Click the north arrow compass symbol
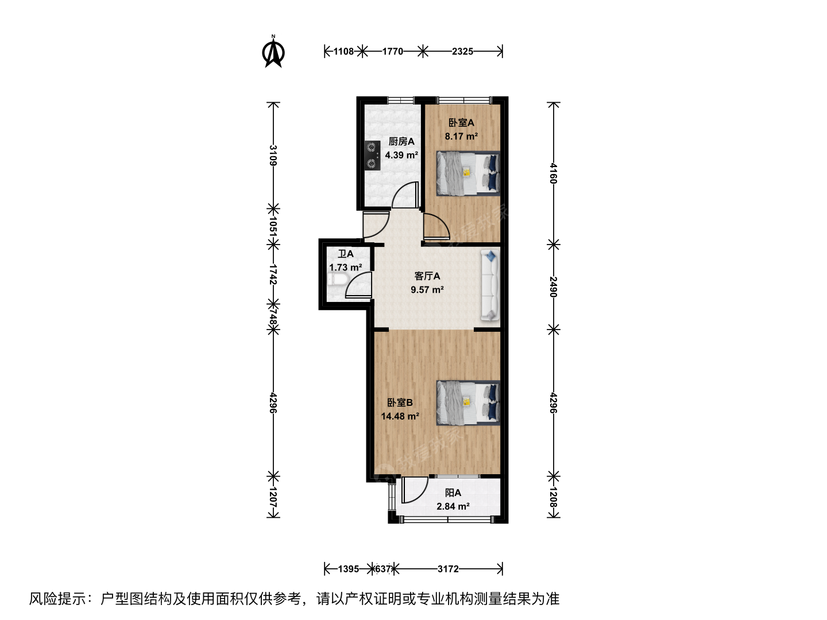click(273, 52)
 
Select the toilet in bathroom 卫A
click(337, 280)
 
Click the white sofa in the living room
click(490, 286)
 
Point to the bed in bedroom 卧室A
click(468, 173)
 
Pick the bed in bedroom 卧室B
click(468, 403)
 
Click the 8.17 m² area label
click(461, 136)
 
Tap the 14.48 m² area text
click(400, 416)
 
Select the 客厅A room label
click(427, 276)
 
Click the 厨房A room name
click(401, 142)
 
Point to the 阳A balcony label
click(453, 493)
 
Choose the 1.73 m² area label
click(346, 268)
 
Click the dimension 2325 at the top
click(462, 51)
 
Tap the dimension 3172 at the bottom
click(448, 569)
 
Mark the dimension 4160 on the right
click(553, 173)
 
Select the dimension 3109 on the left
click(273, 156)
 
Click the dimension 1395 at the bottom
click(348, 569)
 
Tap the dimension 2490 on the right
click(553, 287)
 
